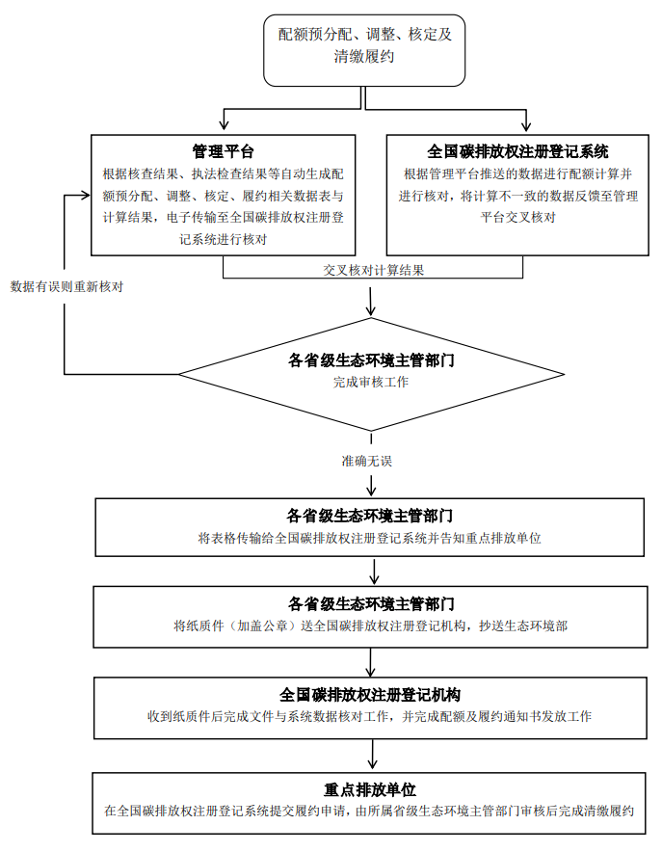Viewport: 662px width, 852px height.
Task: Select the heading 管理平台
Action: coord(223,151)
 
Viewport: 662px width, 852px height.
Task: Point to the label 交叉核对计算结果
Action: coord(374,270)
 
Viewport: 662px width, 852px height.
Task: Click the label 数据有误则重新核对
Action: coord(66,286)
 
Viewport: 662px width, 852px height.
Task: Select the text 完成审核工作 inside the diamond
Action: coord(371,383)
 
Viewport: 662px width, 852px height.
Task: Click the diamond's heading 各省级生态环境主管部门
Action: coord(371,361)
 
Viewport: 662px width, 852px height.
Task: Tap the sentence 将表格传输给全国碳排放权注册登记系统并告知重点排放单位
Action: coord(369,537)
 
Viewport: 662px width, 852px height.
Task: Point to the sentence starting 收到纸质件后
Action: coord(369,716)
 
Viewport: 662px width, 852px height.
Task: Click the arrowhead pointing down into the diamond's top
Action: coord(371,310)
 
